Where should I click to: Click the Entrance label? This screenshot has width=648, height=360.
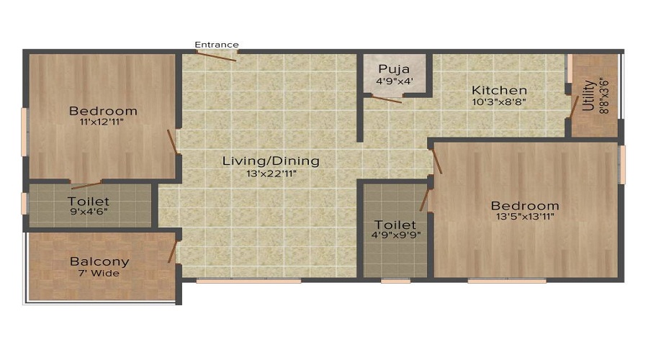[x=217, y=45]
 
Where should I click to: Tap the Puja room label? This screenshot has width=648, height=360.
[x=394, y=69]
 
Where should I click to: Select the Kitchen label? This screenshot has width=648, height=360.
[x=499, y=91]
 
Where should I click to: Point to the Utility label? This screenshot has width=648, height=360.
[x=588, y=95]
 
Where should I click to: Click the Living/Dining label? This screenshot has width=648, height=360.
[x=270, y=161]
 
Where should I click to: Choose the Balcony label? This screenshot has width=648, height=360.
[x=99, y=261]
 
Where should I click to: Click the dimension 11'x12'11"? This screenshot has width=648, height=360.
[x=103, y=123]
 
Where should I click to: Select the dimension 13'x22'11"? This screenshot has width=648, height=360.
[x=270, y=174]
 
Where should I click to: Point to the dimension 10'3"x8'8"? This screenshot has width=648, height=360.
[x=499, y=103]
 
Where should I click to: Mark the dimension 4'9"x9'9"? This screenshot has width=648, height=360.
[x=395, y=235]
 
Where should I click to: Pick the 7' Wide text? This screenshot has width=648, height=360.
[x=99, y=274]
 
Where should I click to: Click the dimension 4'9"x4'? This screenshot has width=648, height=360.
[x=394, y=81]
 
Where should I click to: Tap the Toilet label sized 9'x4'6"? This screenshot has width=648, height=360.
[x=89, y=202]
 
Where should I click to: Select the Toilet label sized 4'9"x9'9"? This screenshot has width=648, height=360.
[x=395, y=225]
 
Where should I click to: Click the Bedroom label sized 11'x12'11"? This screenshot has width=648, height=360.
[x=103, y=111]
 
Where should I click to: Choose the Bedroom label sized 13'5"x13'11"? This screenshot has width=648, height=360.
[x=526, y=205]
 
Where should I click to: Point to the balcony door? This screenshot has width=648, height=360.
[x=173, y=251]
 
